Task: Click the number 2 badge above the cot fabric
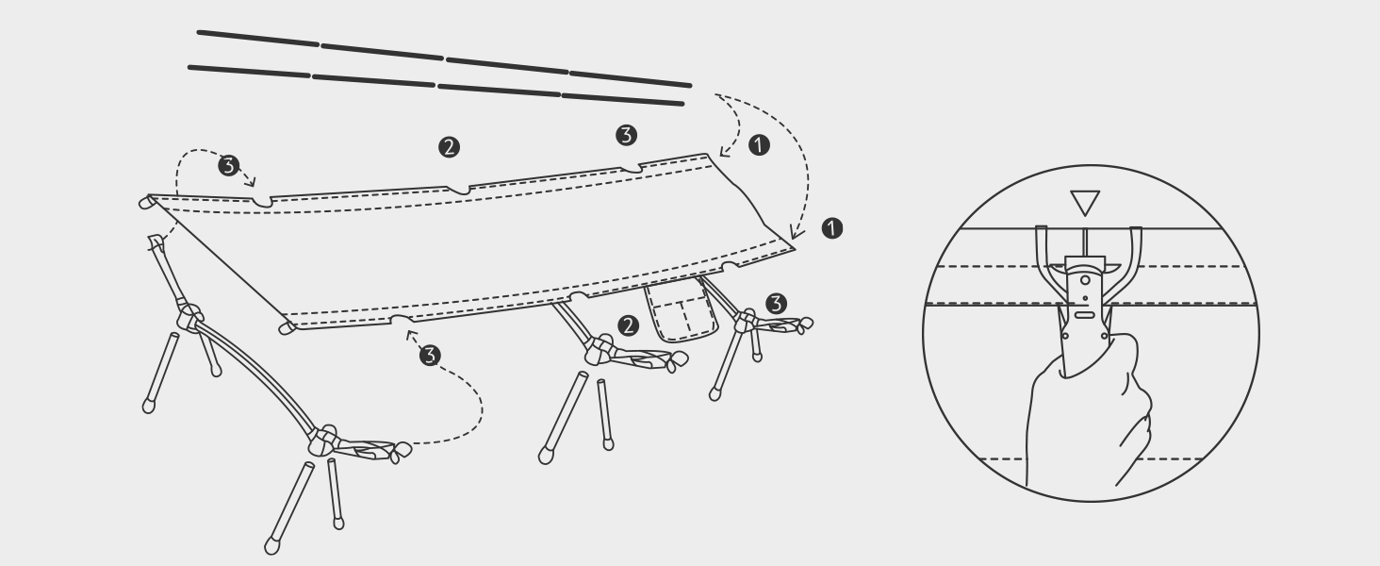pos(449,147)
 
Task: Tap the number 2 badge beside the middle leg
pos(628,325)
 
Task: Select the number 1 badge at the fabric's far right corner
pos(831,228)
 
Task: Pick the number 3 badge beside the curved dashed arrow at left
pos(228,165)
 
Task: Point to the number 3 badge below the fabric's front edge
pos(430,355)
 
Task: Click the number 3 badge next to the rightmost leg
pos(777,304)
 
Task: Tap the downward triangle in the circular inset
pos(1085,203)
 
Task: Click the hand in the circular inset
pos(1088,413)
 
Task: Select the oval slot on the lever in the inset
pos(1085,315)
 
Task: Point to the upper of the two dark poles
pos(444,58)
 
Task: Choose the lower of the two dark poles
pos(436,86)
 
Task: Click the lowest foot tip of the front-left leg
pos(271,546)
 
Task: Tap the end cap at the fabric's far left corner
pos(147,202)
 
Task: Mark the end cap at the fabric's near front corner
pos(287,327)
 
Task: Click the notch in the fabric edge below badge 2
pos(458,190)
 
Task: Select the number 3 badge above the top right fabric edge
pos(627,135)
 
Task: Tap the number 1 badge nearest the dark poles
pos(759,145)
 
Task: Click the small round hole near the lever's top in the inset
pos(1085,280)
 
